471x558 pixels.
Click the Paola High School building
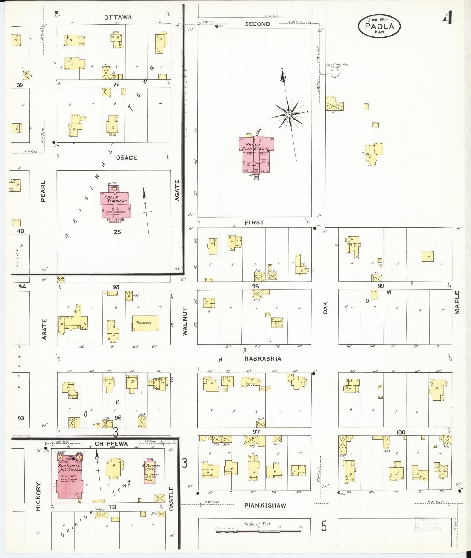click(x=256, y=155)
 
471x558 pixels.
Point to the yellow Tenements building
click(x=145, y=323)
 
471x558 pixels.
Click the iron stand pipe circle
click(x=335, y=73)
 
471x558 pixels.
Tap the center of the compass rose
click(x=289, y=115)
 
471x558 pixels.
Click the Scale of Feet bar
click(x=258, y=531)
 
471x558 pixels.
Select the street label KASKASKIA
click(x=263, y=359)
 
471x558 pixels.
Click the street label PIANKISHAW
click(x=265, y=505)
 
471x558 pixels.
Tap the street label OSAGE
click(x=126, y=158)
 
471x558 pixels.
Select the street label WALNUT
click(x=185, y=321)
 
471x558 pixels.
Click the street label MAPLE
click(x=457, y=303)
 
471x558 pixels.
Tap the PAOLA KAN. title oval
click(x=379, y=26)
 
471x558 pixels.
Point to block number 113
click(x=112, y=507)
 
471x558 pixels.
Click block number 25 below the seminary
click(x=117, y=232)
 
